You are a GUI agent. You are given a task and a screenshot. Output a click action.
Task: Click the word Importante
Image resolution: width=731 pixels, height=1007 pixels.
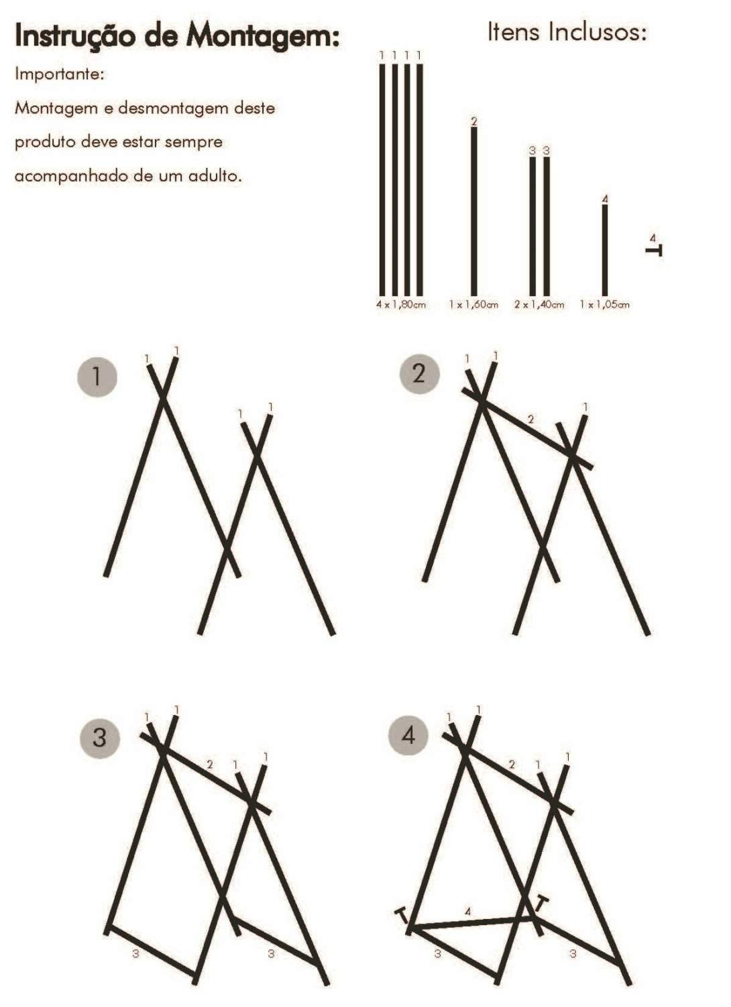tap(60, 74)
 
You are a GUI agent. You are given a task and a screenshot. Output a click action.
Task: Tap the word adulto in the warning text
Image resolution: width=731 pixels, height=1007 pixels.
tap(215, 176)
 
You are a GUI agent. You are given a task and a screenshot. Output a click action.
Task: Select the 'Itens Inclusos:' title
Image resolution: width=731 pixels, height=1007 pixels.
tap(567, 32)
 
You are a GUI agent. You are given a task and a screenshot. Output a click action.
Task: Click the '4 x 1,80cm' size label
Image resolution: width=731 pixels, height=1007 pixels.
tap(401, 304)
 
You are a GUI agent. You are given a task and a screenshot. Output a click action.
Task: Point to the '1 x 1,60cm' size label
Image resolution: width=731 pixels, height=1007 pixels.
tap(473, 304)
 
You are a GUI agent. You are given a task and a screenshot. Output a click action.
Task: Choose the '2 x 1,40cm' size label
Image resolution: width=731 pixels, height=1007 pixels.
tap(539, 304)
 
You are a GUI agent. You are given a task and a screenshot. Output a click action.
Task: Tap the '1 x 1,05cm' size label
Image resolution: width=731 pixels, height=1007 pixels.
tap(605, 304)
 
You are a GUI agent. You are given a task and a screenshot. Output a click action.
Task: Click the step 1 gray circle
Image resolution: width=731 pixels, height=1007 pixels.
tap(97, 377)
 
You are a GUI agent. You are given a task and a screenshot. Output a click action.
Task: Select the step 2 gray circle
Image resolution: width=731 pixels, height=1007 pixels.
tap(419, 373)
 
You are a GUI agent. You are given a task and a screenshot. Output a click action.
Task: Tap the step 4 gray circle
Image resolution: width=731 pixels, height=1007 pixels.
tap(408, 736)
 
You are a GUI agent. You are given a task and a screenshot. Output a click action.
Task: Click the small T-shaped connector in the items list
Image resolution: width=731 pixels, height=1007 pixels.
tap(655, 250)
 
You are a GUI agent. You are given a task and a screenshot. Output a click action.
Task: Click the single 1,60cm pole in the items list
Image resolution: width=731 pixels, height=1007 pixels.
tap(473, 211)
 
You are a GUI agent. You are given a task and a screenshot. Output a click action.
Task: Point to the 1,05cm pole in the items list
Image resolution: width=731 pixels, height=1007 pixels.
tap(605, 250)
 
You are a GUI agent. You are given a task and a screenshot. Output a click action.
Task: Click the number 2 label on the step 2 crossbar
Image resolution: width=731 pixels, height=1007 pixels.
tap(531, 419)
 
